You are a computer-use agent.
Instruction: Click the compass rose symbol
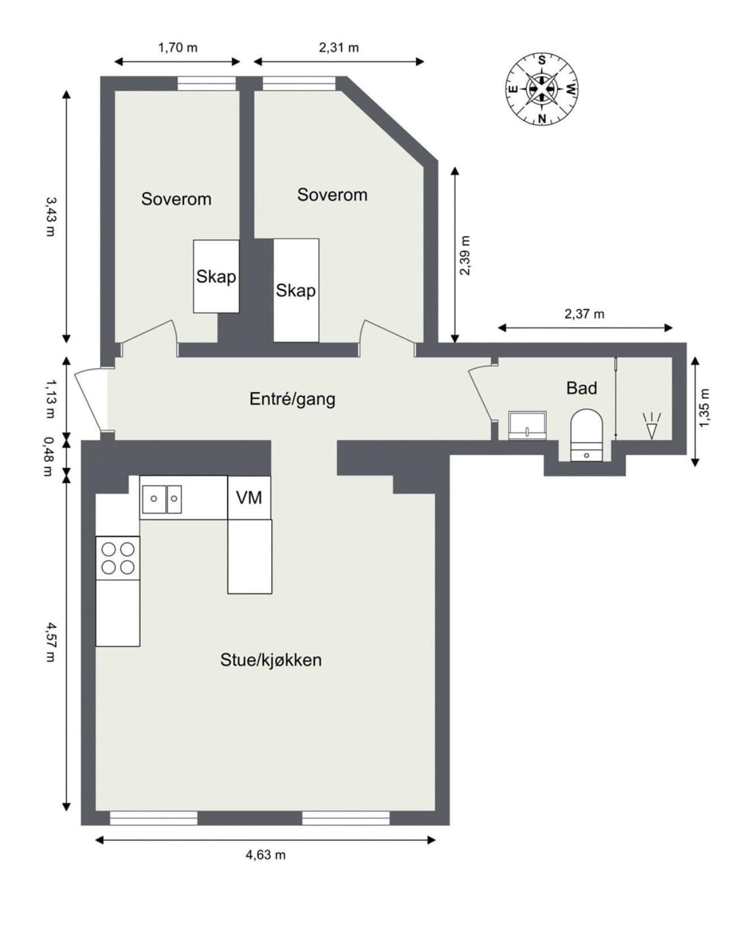coord(541,89)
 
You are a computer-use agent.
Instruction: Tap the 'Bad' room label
coord(582,388)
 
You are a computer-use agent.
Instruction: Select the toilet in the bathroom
coord(586,435)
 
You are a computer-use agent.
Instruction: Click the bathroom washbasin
coord(527,426)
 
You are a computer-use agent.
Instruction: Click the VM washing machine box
coord(249,498)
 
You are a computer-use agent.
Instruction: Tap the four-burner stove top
coord(118,558)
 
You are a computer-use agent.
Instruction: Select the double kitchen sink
coord(161,499)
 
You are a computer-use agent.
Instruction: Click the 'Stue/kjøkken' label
coord(271,660)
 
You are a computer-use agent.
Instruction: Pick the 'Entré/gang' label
coord(292,399)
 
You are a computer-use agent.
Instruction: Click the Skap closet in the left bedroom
coord(216,276)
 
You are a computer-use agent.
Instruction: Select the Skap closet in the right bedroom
coord(296,290)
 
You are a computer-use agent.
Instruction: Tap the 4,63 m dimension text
coord(266,855)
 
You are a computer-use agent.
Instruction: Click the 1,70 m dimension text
coord(178,48)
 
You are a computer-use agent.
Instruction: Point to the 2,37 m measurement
coord(584,313)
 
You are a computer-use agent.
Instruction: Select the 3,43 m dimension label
coord(51,217)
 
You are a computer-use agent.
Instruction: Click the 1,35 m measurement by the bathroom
coord(704,408)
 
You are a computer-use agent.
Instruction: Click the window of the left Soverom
coord(206,83)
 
